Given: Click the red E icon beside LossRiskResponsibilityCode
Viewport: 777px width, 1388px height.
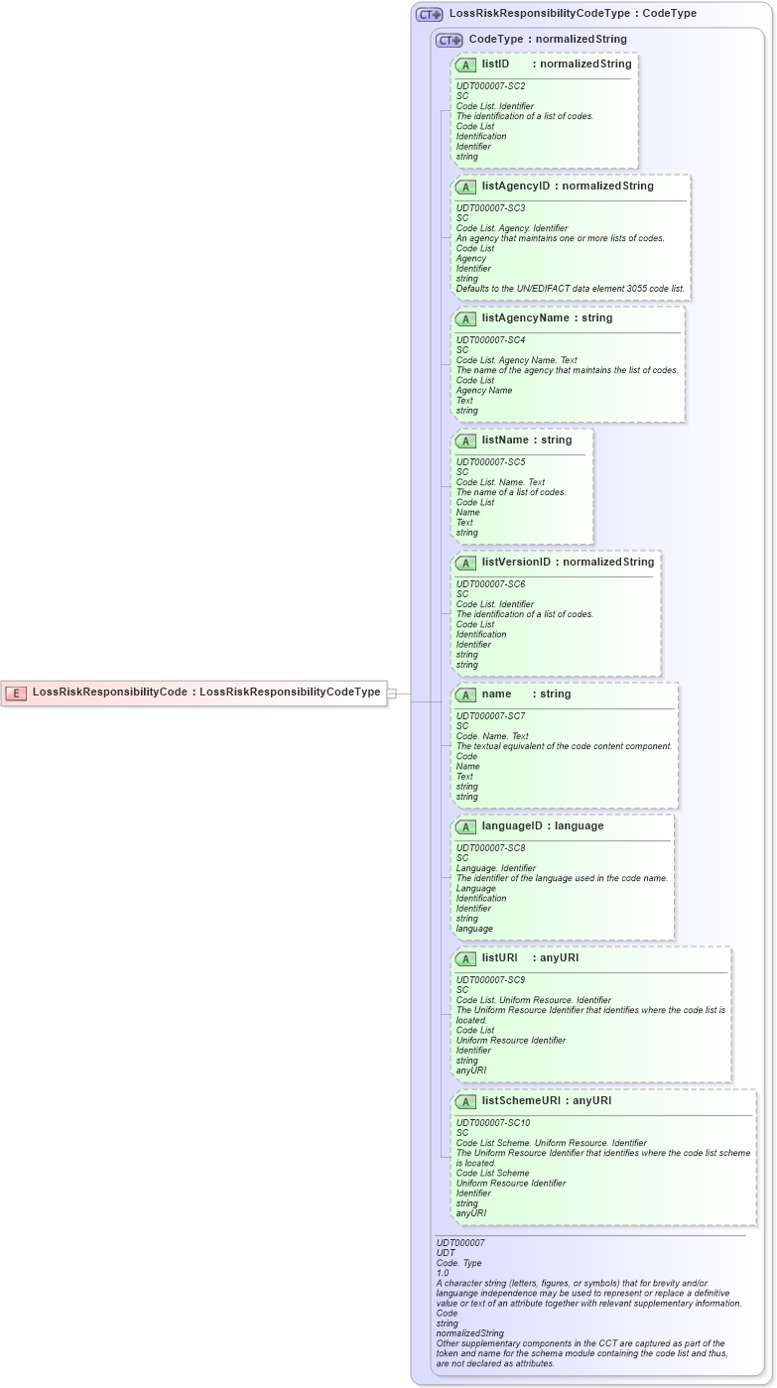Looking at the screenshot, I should point(16,693).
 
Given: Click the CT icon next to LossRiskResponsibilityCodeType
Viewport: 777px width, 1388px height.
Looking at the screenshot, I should point(429,14).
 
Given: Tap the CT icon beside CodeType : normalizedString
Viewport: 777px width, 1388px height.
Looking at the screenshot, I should point(450,40).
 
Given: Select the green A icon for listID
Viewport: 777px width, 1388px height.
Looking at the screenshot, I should point(466,64).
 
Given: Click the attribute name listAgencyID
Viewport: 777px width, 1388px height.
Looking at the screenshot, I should point(516,186).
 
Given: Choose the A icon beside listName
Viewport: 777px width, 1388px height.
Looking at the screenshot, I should point(466,441).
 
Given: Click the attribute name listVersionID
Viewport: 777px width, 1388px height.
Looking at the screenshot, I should point(516,563).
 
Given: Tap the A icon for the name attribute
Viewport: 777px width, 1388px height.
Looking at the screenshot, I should point(466,694).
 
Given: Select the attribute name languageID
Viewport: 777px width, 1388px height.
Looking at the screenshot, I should point(513,826).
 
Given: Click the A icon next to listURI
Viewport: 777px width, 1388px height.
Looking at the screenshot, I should point(466,958).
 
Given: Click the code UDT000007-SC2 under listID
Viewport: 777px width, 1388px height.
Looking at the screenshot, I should point(490,86).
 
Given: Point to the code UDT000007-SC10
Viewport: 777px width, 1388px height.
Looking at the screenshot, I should point(493,1123).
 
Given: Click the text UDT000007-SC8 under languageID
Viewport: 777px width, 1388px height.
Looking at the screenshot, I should point(490,848).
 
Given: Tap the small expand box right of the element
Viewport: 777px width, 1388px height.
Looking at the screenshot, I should point(392,694).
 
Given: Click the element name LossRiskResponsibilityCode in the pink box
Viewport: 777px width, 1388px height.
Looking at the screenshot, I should point(109,693).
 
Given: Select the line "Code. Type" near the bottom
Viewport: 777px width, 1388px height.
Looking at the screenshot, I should point(458,1263).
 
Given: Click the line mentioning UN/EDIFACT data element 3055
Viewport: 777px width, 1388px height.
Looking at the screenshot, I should point(570,289).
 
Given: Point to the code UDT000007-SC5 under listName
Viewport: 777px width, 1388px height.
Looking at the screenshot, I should point(490,462).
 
